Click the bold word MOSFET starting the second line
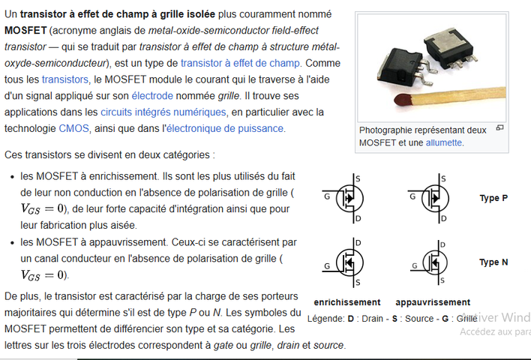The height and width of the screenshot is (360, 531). point(25,31)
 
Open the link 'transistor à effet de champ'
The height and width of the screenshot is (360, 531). point(239,63)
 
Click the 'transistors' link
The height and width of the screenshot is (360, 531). point(64,79)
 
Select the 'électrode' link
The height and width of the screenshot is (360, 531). point(152,95)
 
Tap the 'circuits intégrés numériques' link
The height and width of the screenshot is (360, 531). point(163,112)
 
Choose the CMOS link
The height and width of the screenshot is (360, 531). point(73,128)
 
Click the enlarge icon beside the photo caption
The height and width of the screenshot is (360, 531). point(499,128)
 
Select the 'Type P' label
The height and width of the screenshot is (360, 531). point(493,198)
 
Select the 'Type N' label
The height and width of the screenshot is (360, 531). point(493,262)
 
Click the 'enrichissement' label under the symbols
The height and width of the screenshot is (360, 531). point(346,302)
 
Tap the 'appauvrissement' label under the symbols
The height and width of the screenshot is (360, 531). point(433,302)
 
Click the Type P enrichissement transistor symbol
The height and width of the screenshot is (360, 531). point(346,197)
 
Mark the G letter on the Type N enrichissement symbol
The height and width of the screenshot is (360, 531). point(327,265)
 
